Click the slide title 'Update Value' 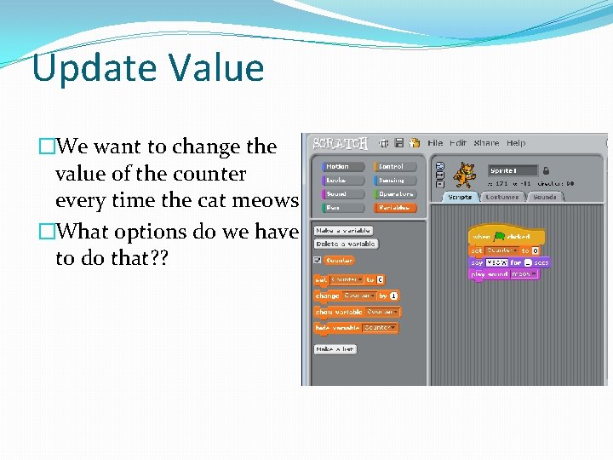click(148, 68)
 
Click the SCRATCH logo click(340, 143)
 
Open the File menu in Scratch click(435, 143)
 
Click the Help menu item click(516, 143)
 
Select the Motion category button click(341, 167)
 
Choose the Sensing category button click(393, 181)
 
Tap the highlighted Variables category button click(393, 207)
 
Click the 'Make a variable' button click(343, 230)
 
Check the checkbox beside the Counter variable click(318, 261)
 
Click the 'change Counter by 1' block click(357, 296)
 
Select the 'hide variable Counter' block click(356, 328)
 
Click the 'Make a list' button click(335, 349)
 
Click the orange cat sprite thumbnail click(464, 175)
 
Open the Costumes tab click(502, 197)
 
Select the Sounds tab click(544, 197)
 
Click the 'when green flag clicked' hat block click(506, 236)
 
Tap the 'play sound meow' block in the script click(503, 274)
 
